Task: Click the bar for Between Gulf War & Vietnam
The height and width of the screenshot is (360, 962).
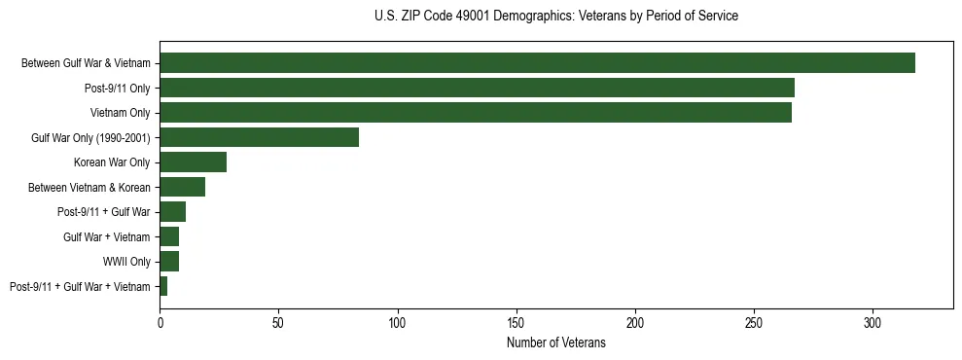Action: tap(537, 63)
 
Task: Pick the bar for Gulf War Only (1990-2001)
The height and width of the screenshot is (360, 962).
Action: tap(259, 137)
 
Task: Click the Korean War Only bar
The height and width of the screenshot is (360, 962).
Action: tap(193, 162)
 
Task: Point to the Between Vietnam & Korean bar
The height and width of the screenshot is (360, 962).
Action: tap(182, 187)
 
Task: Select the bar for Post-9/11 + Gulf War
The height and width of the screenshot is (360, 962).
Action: tap(172, 212)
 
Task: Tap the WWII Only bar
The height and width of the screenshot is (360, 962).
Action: tap(169, 262)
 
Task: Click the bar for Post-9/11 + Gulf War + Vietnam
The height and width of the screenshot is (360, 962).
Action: tap(163, 286)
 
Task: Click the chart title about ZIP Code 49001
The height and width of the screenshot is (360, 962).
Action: tap(555, 17)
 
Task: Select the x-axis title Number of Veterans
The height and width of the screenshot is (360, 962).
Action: tap(555, 343)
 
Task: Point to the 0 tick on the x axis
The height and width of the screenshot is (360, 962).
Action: tap(160, 322)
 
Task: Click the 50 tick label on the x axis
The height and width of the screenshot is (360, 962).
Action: tap(278, 322)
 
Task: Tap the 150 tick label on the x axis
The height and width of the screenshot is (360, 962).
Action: tap(517, 322)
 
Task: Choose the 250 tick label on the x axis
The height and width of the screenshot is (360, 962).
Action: tap(754, 322)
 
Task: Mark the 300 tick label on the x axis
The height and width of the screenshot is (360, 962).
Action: tap(873, 322)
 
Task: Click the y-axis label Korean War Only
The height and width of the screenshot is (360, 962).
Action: tap(112, 162)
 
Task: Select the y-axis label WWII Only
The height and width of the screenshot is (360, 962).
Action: tap(126, 262)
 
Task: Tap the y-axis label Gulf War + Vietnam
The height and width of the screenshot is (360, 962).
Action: tap(107, 236)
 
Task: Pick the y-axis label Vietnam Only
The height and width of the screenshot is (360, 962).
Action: tap(120, 113)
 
